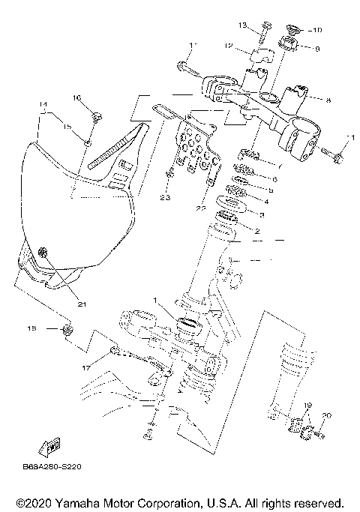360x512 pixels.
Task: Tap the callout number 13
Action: (x=263, y=25)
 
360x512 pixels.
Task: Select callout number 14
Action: (x=44, y=104)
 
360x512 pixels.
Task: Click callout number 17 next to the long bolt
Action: (x=87, y=367)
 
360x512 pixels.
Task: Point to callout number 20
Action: (x=325, y=416)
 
